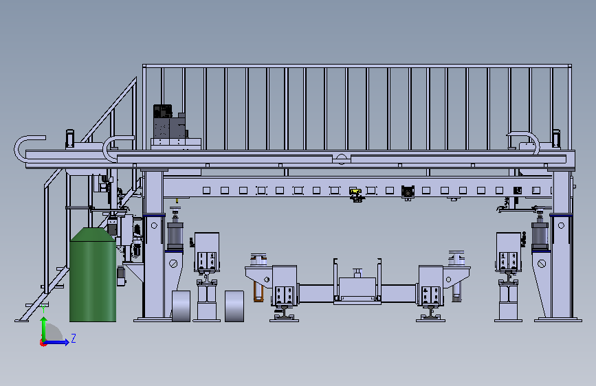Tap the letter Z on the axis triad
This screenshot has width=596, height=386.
(74, 338)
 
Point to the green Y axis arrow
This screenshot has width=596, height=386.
(44, 330)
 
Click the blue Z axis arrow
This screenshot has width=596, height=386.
(56, 342)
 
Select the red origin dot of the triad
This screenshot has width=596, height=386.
(43, 343)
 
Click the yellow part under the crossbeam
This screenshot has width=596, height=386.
(355, 191)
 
